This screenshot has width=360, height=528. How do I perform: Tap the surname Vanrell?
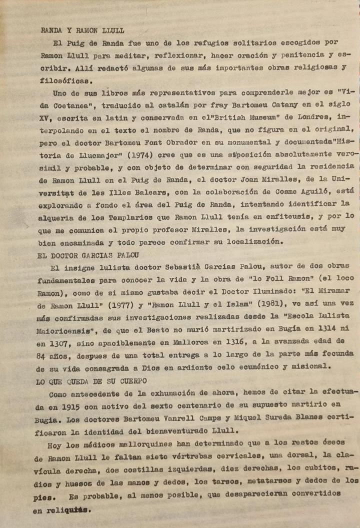coord(202,419)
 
